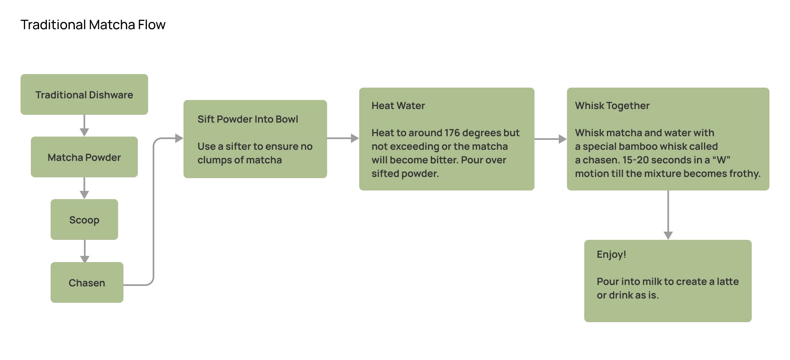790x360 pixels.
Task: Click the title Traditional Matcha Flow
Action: (x=93, y=25)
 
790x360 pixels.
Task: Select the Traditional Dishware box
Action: (x=84, y=95)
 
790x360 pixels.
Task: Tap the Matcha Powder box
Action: (x=84, y=157)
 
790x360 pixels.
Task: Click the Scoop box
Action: (x=84, y=220)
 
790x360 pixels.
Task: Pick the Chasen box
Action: (x=87, y=283)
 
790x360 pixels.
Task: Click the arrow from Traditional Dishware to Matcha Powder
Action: (x=84, y=125)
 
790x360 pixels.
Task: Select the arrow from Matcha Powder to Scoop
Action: (x=84, y=188)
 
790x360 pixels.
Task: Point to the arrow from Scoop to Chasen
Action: (x=85, y=251)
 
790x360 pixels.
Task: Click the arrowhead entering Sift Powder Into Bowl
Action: (x=179, y=138)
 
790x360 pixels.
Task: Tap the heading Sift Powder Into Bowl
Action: (x=248, y=119)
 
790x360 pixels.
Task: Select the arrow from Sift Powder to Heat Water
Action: (x=343, y=138)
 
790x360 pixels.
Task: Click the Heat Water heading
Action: (x=398, y=106)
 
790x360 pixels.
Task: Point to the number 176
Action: (x=452, y=133)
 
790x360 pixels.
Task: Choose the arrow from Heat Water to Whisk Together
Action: (x=551, y=139)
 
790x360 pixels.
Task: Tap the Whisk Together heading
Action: (x=612, y=106)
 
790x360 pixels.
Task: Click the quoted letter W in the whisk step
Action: (x=721, y=160)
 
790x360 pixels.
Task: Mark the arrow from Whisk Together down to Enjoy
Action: (x=668, y=215)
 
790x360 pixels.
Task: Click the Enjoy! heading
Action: (x=611, y=254)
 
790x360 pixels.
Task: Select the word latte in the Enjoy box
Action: (x=727, y=281)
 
